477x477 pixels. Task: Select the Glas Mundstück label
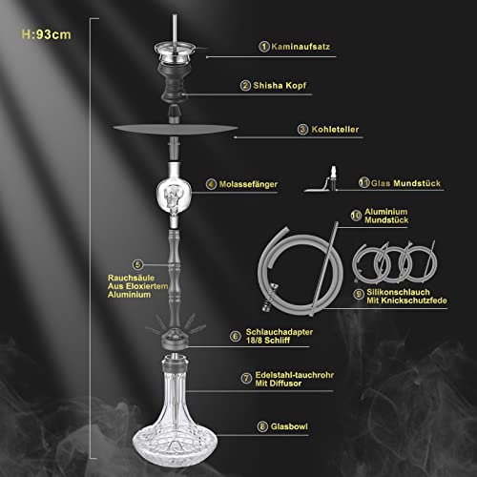pos(392,182)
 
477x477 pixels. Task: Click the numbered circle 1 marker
pos(263,46)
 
